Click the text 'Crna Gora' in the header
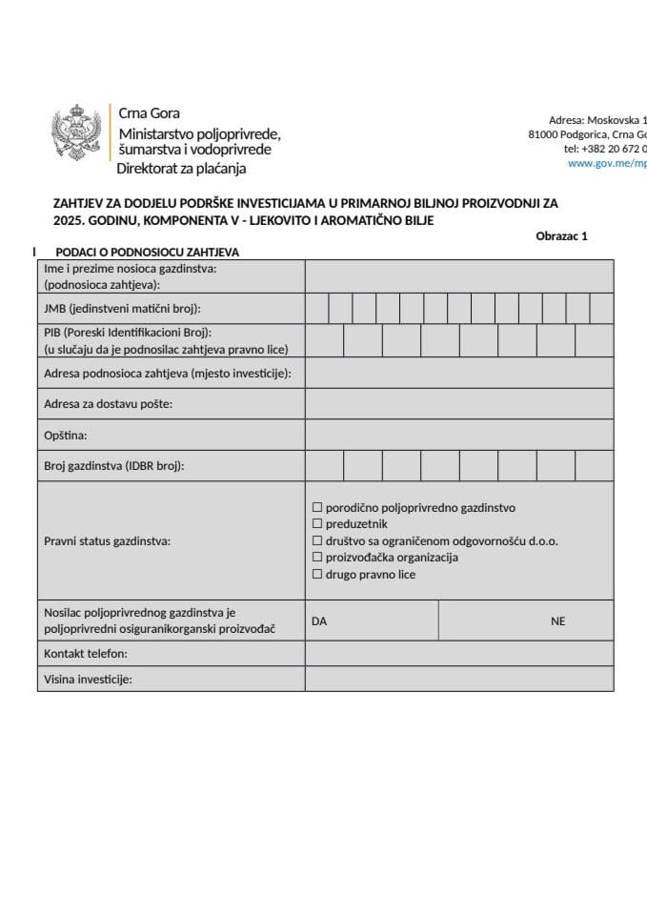click(149, 113)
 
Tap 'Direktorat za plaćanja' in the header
click(181, 169)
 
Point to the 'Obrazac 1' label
click(562, 236)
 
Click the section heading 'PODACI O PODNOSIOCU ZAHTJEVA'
click(147, 253)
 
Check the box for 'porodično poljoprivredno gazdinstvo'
click(318, 508)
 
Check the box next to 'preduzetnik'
click(318, 524)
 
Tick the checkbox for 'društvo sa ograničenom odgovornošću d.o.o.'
click(318, 541)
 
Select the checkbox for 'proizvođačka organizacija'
click(318, 558)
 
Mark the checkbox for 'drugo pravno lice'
click(318, 575)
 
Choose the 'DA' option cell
click(372, 620)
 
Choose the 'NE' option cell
click(526, 620)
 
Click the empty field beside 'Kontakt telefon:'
click(458, 653)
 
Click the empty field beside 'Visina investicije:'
click(458, 679)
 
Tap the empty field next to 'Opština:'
click(458, 435)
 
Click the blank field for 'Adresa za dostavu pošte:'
click(458, 404)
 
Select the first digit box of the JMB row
click(316, 309)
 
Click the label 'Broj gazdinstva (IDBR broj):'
click(113, 466)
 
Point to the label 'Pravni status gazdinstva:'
click(107, 541)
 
